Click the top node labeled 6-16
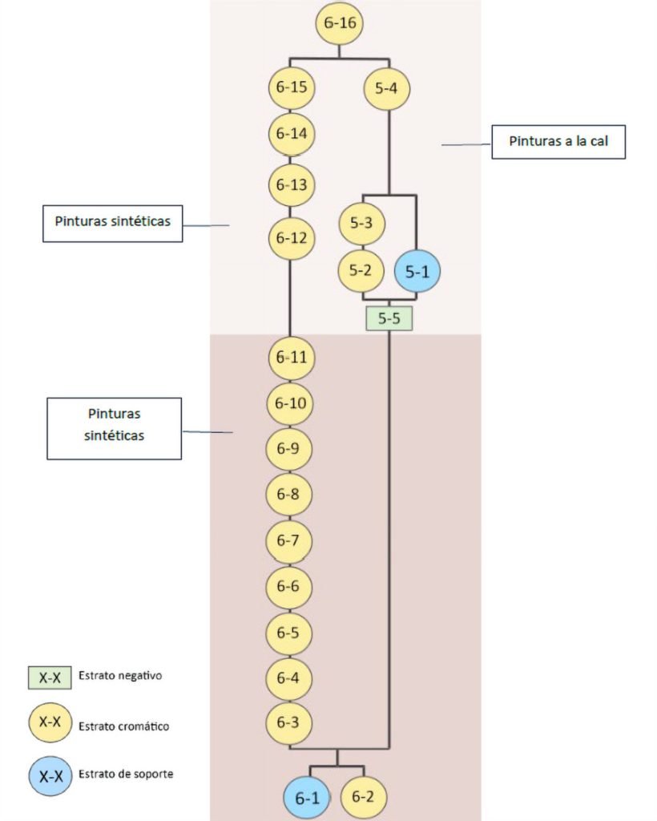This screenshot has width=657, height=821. pyautogui.click(x=341, y=23)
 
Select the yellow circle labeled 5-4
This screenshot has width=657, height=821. pyautogui.click(x=388, y=88)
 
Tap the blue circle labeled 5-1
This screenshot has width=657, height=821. pyautogui.click(x=417, y=272)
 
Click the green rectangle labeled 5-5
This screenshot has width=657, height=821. pyautogui.click(x=389, y=319)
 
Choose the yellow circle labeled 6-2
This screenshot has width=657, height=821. pyautogui.click(x=363, y=797)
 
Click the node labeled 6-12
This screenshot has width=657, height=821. pyautogui.click(x=292, y=238)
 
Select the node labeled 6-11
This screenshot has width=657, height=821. pyautogui.click(x=292, y=358)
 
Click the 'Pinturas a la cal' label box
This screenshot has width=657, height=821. pyautogui.click(x=558, y=142)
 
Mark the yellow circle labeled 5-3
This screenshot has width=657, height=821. pyautogui.click(x=362, y=224)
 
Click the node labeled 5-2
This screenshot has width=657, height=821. pyautogui.click(x=362, y=271)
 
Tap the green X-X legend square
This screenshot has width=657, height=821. pyautogui.click(x=50, y=677)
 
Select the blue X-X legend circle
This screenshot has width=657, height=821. pyautogui.click(x=50, y=775)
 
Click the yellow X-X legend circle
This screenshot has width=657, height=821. pyautogui.click(x=50, y=724)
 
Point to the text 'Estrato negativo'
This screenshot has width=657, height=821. pyautogui.click(x=121, y=676)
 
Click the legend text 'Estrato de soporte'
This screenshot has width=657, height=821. pyautogui.click(x=127, y=774)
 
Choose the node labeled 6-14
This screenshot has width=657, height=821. pyautogui.click(x=292, y=134)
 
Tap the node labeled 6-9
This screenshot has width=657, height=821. pyautogui.click(x=288, y=449)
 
